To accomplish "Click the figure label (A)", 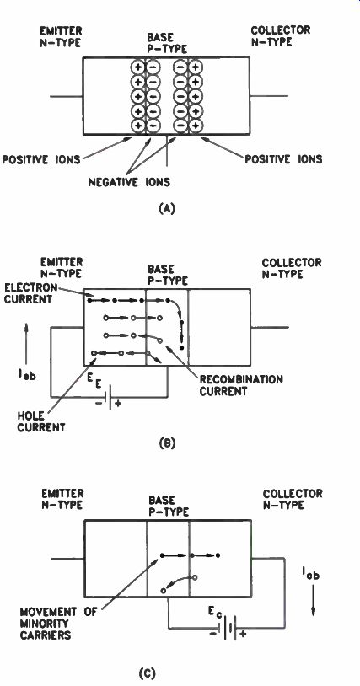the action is (168, 209).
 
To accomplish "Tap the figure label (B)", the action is (168, 443).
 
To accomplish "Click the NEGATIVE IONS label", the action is (130, 182).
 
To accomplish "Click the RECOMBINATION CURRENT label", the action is (241, 384).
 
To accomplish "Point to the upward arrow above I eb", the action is (26, 338).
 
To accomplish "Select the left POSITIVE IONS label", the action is (41, 159).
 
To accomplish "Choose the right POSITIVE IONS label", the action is (283, 158).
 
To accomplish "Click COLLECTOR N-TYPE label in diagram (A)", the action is (281, 36).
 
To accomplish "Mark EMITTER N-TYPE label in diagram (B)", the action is (62, 268).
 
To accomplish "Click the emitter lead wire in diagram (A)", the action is (67, 96).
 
